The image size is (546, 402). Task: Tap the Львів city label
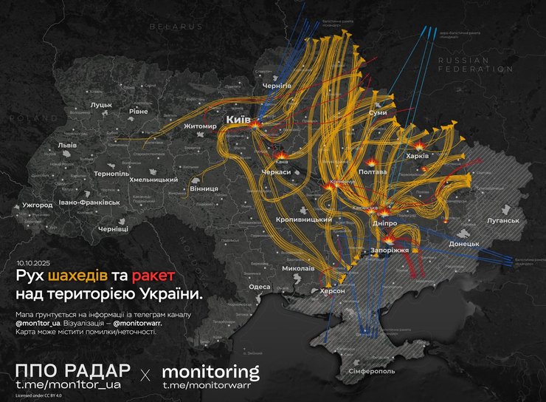pos(67,145)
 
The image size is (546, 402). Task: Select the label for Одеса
pos(258,286)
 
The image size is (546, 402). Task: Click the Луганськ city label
pos(502,220)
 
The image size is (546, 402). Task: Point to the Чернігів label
pos(277,86)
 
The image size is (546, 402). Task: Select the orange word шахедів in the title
pos(78,276)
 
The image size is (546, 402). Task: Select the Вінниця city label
pos(204,188)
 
